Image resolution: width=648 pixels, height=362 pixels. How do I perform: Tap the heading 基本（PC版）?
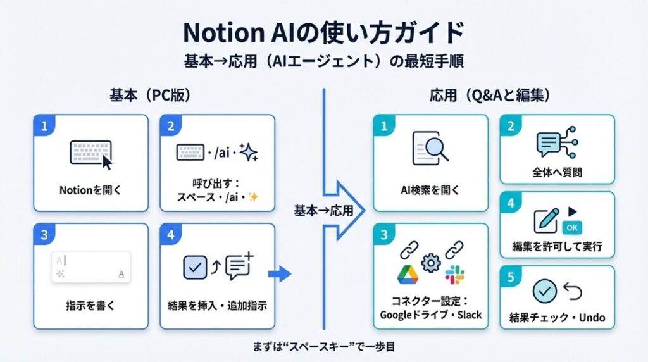pos(150,97)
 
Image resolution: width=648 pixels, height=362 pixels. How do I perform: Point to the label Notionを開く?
pos(90,189)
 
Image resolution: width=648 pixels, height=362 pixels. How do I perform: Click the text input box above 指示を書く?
pos(90,266)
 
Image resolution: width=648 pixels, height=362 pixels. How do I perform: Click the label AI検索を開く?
pos(430,189)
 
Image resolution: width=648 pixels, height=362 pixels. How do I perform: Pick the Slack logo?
pos(454,275)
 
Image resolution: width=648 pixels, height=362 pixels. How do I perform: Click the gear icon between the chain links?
pos(431,261)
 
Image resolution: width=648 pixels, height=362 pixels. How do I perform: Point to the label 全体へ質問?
pos(558,172)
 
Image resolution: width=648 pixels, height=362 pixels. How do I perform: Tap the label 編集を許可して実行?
pos(557,246)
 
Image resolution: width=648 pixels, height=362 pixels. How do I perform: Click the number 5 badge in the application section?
pos(511,276)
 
